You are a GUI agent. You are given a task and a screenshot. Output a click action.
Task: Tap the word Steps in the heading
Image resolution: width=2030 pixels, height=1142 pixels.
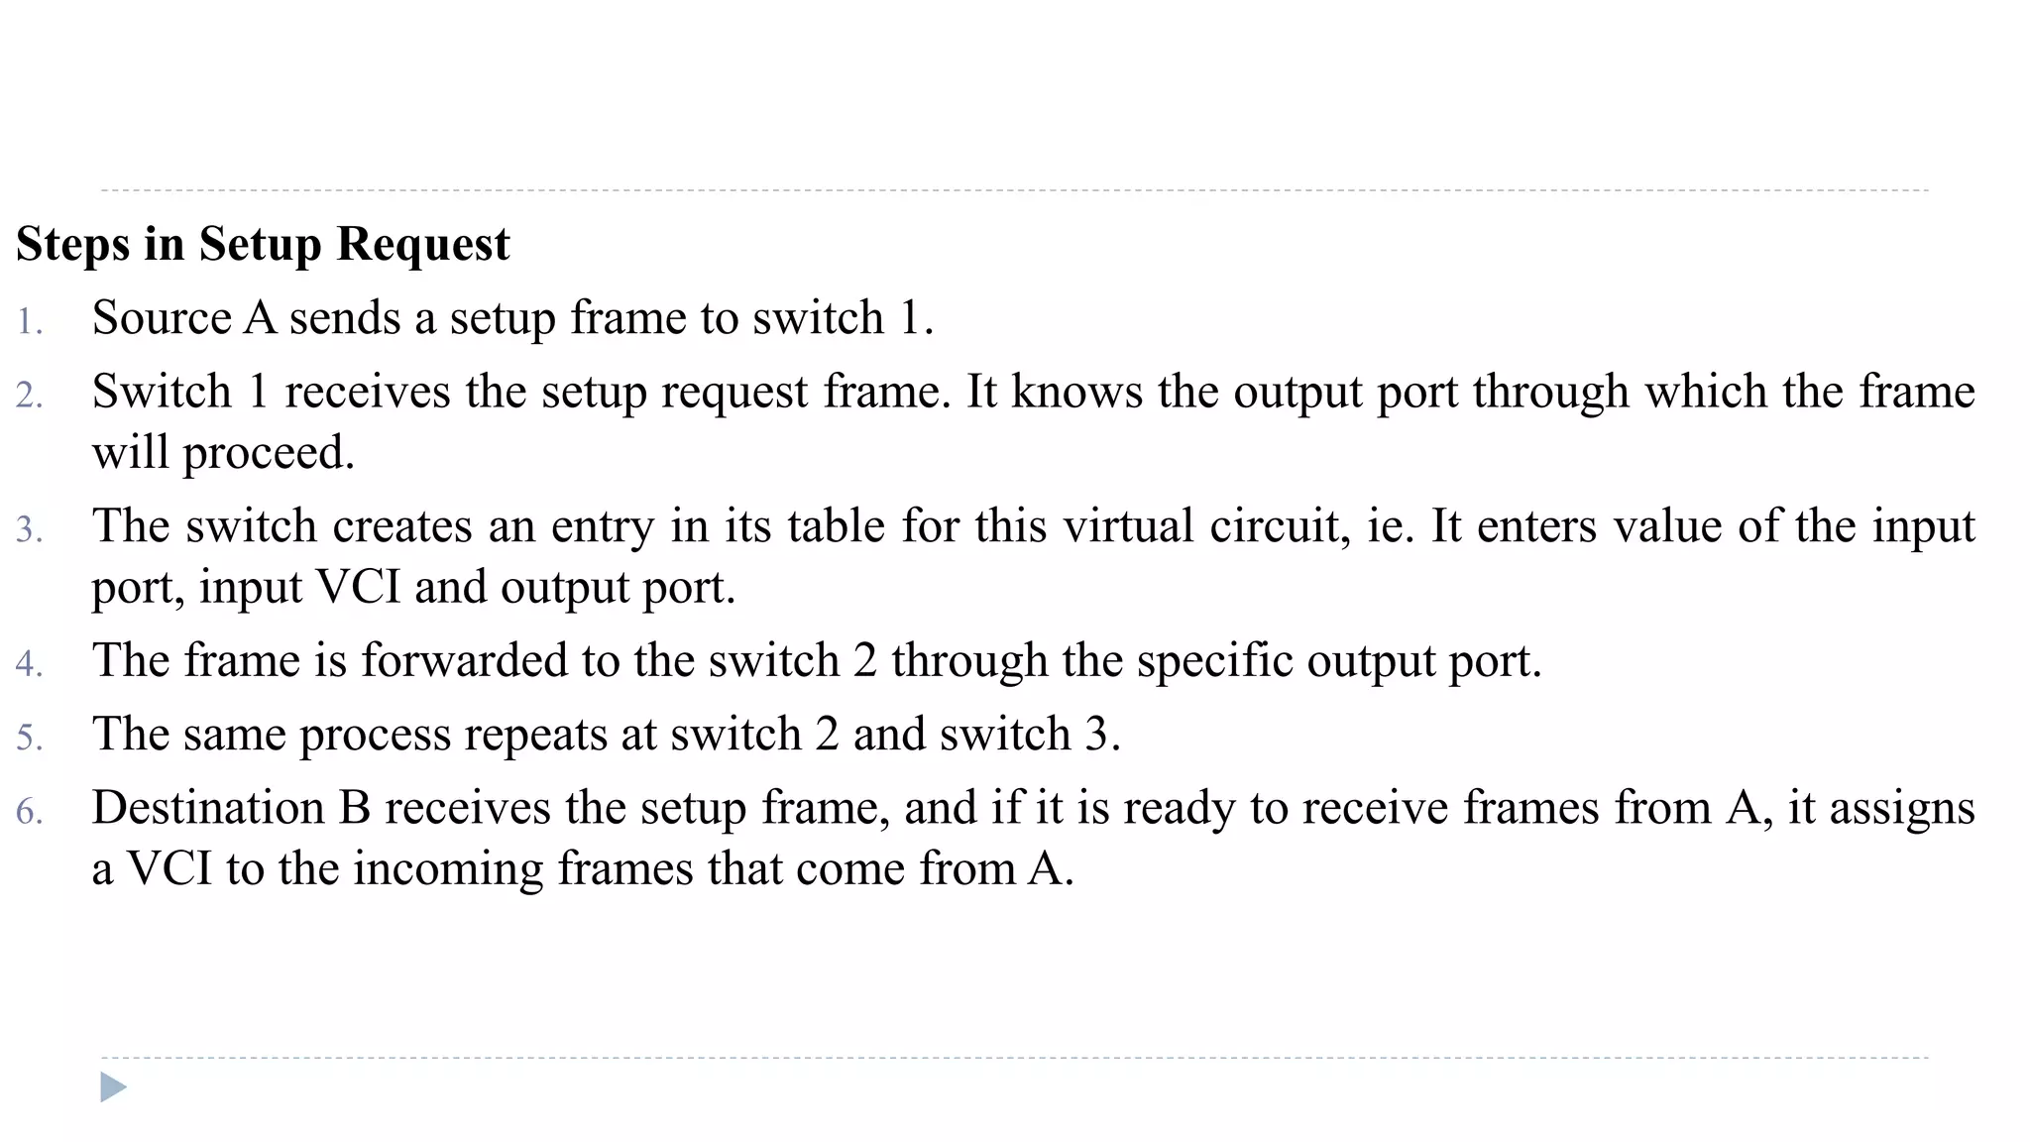coord(72,245)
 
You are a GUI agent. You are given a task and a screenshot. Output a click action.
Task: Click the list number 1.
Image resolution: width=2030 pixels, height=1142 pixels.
coord(30,322)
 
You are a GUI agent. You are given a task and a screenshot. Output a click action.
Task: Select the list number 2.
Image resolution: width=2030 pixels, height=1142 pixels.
coord(30,396)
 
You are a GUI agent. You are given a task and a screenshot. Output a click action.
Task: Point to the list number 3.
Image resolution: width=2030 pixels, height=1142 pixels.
coord(30,529)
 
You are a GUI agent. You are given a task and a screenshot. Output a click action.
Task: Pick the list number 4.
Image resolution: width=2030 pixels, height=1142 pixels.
coord(30,663)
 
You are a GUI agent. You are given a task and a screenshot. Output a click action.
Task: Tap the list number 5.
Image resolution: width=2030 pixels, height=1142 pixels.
coord(30,738)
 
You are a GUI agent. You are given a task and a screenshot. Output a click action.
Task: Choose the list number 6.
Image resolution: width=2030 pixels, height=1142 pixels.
coord(30,811)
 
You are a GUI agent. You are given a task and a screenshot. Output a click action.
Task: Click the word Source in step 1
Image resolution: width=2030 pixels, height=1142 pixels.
coord(162,318)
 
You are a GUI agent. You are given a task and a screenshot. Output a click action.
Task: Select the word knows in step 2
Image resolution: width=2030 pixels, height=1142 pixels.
coord(1076,392)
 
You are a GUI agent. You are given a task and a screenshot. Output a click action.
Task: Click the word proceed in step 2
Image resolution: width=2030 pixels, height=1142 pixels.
coord(268,454)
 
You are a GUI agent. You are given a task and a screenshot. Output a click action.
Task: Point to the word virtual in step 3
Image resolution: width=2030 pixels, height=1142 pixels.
coord(1128,525)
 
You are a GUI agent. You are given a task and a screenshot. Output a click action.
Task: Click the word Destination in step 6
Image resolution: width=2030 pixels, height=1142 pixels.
coord(208,807)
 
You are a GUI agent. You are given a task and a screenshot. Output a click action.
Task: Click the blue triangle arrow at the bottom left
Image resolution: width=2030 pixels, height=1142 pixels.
coord(113,1087)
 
